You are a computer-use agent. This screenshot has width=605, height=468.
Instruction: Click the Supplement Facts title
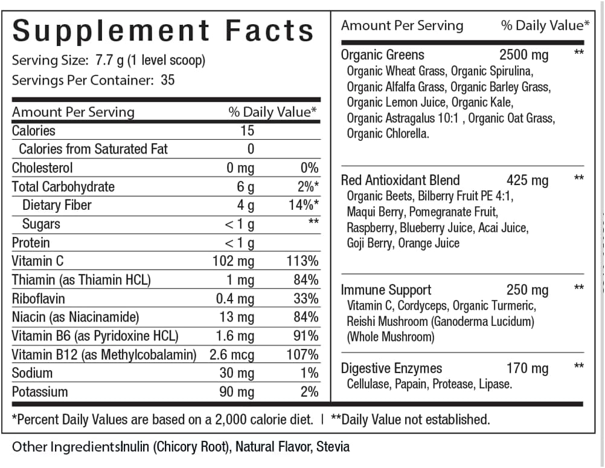(163, 30)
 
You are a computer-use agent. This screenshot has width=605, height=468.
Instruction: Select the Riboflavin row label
(38, 299)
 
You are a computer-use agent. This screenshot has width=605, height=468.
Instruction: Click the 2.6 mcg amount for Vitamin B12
(232, 355)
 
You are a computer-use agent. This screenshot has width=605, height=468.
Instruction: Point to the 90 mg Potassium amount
(237, 392)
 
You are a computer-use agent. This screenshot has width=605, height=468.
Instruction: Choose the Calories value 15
(247, 131)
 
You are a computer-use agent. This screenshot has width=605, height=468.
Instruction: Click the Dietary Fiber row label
(57, 205)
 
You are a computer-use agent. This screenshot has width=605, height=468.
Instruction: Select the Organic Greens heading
(383, 55)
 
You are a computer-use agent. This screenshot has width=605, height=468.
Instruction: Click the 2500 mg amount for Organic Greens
(524, 55)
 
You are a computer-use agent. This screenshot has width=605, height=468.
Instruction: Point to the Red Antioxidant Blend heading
(400, 180)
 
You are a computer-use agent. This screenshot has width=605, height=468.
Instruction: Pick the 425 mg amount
(528, 180)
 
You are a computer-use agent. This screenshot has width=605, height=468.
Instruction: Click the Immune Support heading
(386, 290)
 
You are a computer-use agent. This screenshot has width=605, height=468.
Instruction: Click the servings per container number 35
(168, 80)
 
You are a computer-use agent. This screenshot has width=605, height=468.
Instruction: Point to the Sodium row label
(32, 373)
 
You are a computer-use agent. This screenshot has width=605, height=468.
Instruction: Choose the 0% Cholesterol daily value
(309, 168)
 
